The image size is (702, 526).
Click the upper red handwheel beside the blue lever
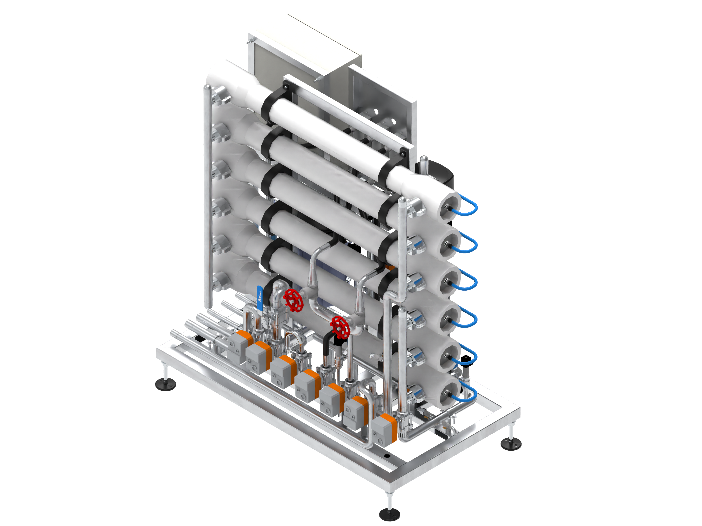[293, 300]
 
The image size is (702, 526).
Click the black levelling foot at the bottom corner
[389, 514]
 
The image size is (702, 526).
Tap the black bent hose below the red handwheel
[327, 349]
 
